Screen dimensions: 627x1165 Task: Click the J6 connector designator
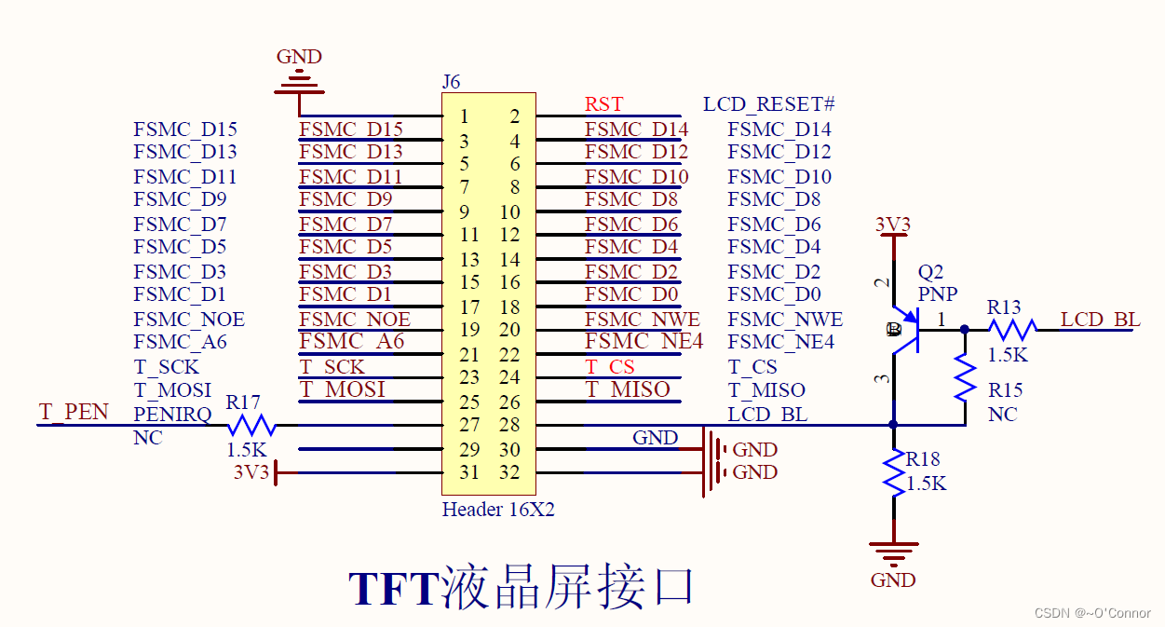tap(451, 81)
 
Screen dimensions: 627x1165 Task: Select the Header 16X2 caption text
tap(498, 510)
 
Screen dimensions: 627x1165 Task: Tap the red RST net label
tap(603, 104)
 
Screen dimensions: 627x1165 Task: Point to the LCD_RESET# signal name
tap(768, 104)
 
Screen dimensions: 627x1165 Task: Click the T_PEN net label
tap(74, 412)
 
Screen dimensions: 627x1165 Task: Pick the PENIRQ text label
tap(172, 414)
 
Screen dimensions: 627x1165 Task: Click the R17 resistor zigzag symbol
tap(251, 426)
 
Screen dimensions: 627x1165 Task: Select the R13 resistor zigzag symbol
tap(1011, 329)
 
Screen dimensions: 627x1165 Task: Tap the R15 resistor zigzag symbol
tap(965, 377)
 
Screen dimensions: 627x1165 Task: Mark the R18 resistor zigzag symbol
tap(894, 472)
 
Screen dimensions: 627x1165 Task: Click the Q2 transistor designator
tap(930, 272)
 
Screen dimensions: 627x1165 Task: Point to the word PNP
tap(938, 294)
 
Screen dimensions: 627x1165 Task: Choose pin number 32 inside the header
tap(508, 472)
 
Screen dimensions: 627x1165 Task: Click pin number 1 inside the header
tap(465, 116)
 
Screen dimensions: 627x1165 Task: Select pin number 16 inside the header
tap(509, 282)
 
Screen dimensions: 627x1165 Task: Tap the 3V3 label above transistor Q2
tap(893, 225)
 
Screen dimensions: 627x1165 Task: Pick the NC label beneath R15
tap(1002, 415)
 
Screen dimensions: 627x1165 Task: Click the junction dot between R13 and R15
tap(965, 329)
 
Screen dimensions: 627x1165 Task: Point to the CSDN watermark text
tap(1092, 613)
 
